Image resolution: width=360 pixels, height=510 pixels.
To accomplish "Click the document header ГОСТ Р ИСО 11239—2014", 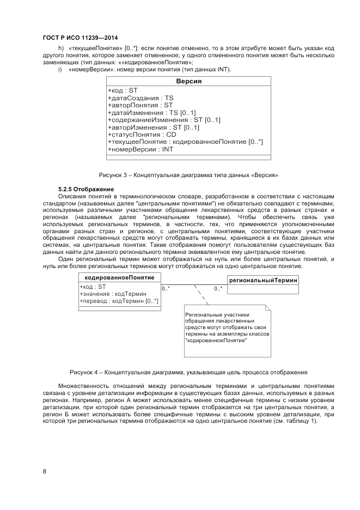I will point(80,38).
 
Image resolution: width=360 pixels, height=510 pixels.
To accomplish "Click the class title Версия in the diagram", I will point(188,81).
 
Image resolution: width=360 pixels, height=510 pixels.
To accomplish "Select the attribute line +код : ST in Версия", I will point(123,90).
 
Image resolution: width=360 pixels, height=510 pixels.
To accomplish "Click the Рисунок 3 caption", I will point(188,175).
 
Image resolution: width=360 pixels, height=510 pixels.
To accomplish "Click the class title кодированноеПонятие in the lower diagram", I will point(120,278).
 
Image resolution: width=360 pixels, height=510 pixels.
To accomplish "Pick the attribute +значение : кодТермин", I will point(113,294).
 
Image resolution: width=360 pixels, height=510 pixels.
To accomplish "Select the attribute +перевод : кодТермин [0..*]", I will point(119,301).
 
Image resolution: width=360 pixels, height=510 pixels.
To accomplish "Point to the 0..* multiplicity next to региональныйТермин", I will point(218,289).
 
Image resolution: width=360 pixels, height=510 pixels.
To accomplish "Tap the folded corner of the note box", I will point(267,309).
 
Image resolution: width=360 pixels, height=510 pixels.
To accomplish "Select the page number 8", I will point(44,471).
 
